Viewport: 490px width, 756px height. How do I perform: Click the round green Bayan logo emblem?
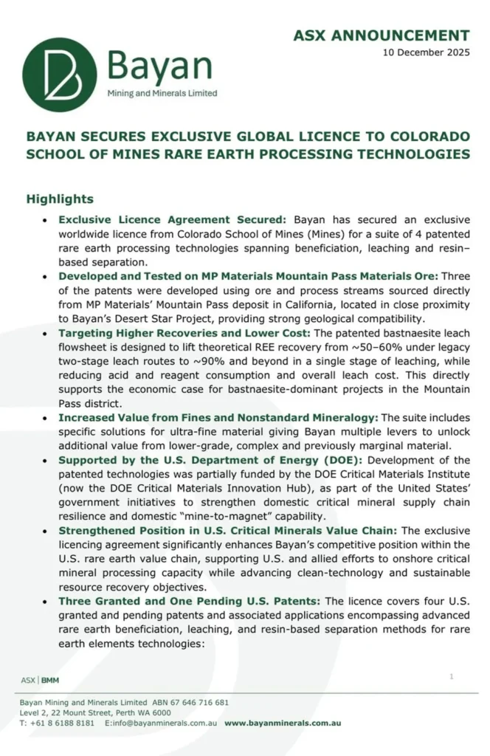pyautogui.click(x=59, y=75)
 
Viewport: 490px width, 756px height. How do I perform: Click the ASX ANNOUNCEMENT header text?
pyautogui.click(x=381, y=35)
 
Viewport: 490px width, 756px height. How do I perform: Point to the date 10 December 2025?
pyautogui.click(x=426, y=53)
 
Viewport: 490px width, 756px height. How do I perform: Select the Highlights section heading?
pyautogui.click(x=60, y=199)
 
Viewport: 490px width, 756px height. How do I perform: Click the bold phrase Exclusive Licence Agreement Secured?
pyautogui.click(x=173, y=220)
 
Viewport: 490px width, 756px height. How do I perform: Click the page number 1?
pyautogui.click(x=451, y=676)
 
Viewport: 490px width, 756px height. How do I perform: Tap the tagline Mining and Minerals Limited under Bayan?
pyautogui.click(x=162, y=94)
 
